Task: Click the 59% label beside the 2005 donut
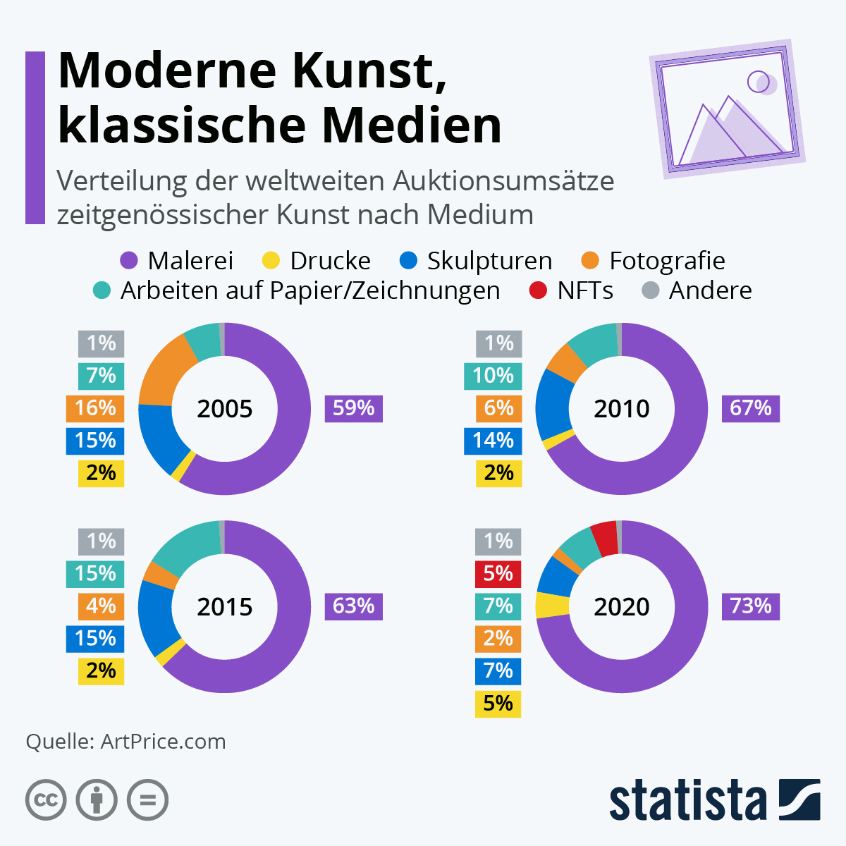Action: pyautogui.click(x=353, y=408)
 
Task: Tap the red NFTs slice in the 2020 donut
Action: pyautogui.click(x=605, y=539)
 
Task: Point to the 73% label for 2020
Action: pyautogui.click(x=750, y=606)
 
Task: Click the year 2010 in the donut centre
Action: pyautogui.click(x=621, y=409)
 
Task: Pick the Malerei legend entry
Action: pyautogui.click(x=177, y=261)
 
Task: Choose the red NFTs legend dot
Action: pyautogui.click(x=538, y=290)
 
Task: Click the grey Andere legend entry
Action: pyautogui.click(x=697, y=290)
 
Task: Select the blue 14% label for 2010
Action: pyautogui.click(x=493, y=441)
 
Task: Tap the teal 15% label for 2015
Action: pyautogui.click(x=95, y=573)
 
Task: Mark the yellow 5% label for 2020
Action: pyautogui.click(x=498, y=704)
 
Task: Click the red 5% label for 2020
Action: pyautogui.click(x=498, y=573)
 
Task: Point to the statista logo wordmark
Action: pyautogui.click(x=687, y=800)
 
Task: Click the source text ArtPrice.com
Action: pyautogui.click(x=163, y=742)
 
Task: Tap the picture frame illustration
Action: pyautogui.click(x=726, y=109)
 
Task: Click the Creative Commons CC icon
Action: pyautogui.click(x=46, y=800)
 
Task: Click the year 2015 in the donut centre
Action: pyautogui.click(x=224, y=606)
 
